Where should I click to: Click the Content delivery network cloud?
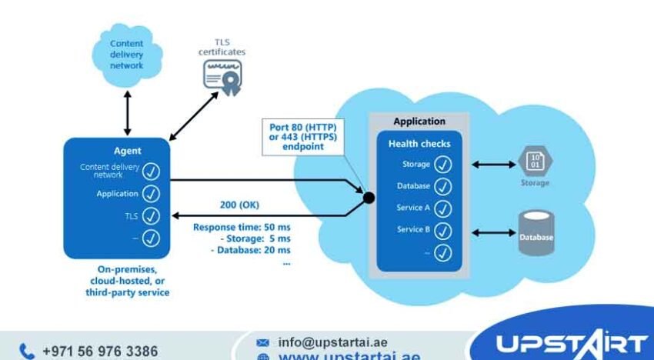point(126,55)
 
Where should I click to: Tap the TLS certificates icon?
point(222,78)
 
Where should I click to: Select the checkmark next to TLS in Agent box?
point(151,216)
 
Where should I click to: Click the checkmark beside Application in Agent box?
point(151,194)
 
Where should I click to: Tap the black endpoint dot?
point(369,198)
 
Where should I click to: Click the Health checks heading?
point(419,144)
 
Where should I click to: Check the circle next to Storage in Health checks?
point(443,165)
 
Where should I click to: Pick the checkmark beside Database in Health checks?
point(443,186)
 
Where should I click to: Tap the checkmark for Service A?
point(443,208)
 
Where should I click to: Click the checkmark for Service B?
point(443,229)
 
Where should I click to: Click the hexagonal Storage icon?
point(535,161)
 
